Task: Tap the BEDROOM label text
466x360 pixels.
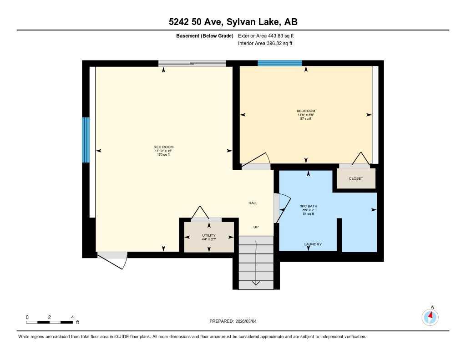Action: pyautogui.click(x=306, y=111)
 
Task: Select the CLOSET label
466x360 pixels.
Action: pyautogui.click(x=356, y=178)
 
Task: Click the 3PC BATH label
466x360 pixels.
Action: pyautogui.click(x=309, y=206)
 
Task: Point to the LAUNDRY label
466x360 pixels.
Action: pyautogui.click(x=313, y=244)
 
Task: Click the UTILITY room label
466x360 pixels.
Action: pyautogui.click(x=209, y=235)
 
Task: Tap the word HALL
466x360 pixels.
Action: pyautogui.click(x=253, y=203)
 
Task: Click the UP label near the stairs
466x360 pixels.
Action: pyautogui.click(x=256, y=227)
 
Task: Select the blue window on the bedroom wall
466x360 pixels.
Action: pyautogui.click(x=280, y=63)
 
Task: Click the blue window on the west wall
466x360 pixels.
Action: pyautogui.click(x=86, y=140)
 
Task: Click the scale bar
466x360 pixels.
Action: pyautogui.click(x=50, y=322)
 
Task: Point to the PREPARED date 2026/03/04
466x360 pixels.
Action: pyautogui.click(x=236, y=321)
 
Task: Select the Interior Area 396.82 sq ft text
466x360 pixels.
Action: pyautogui.click(x=265, y=44)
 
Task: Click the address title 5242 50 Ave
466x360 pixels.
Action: pyautogui.click(x=233, y=22)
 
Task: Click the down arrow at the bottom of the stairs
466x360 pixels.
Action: pyautogui.click(x=256, y=283)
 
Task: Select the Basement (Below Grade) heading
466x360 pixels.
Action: pyautogui.click(x=204, y=35)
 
